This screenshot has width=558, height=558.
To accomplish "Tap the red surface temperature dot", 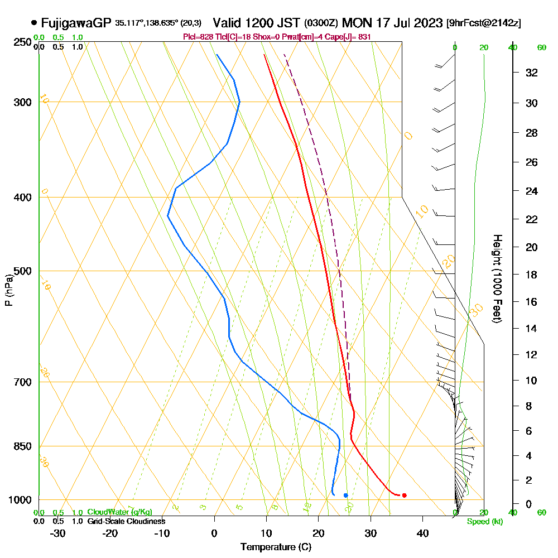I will (x=404, y=495).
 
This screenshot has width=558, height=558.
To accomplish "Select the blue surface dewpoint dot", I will (x=346, y=495).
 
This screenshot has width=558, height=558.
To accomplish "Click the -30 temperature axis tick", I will (x=58, y=533).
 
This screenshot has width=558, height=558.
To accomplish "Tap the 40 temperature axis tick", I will (x=422, y=533).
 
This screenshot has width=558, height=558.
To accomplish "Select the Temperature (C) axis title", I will (x=276, y=547).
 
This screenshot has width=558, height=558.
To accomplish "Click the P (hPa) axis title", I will (x=8, y=290).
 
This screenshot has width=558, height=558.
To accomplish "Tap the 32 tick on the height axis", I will (x=531, y=73).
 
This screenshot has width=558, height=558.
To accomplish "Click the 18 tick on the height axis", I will (x=531, y=275).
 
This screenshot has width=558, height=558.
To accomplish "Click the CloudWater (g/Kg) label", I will (x=119, y=512).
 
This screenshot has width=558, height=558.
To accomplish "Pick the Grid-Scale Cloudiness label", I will (x=126, y=521).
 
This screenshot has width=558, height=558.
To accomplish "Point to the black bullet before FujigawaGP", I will (x=35, y=23).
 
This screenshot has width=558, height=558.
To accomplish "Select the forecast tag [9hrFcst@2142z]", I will (x=484, y=23).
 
